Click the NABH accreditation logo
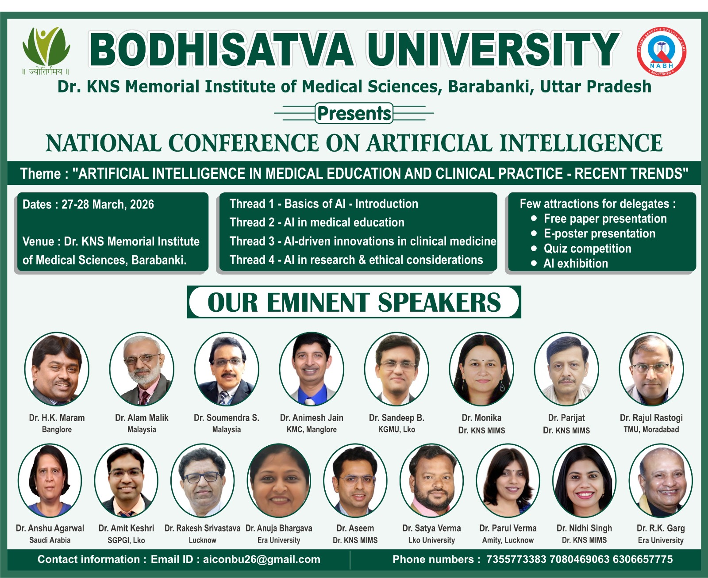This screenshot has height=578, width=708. coord(662,51)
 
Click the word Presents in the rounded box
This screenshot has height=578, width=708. coord(354,113)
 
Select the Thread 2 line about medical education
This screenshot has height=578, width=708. coord(317,222)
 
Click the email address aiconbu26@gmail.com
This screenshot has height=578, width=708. coord(262,559)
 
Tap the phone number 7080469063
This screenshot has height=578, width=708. coord(579,559)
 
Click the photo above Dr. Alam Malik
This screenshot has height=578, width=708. coord(142,369)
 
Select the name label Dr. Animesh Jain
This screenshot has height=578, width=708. coord(312,417)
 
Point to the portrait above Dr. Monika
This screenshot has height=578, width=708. coord(481,369)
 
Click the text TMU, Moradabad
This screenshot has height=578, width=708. coord(651,429)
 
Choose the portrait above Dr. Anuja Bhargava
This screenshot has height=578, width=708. coord(279,480)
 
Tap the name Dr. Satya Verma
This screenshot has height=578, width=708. coord(431,528)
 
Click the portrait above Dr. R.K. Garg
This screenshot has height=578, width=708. coord(661,480)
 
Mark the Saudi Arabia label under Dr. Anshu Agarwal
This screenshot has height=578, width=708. coord(50,540)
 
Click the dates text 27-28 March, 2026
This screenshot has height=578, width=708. coord(108,205)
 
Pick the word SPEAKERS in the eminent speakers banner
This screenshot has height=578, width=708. coord(439,302)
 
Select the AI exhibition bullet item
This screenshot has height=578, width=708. coord(576,264)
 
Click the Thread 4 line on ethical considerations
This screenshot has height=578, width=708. coord(356,260)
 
